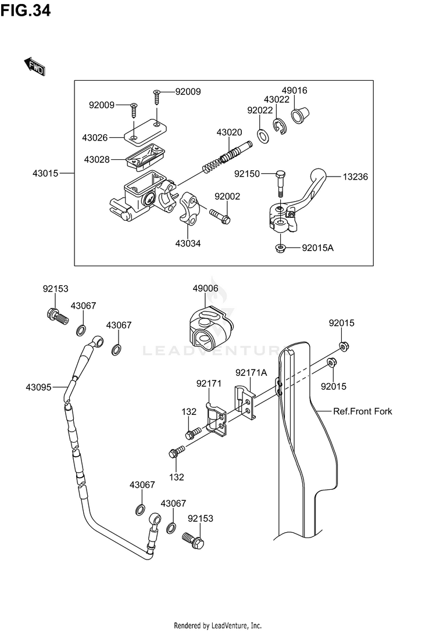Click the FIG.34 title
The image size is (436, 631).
[26, 10]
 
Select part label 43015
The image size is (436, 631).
[45, 174]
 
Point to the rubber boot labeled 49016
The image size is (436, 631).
[301, 114]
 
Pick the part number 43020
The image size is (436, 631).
[229, 132]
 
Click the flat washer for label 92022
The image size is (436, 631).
[263, 137]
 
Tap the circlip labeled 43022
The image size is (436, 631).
[280, 127]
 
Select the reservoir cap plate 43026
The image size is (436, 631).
[145, 131]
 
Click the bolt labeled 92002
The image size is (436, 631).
[220, 216]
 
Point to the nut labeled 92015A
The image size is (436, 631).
[280, 248]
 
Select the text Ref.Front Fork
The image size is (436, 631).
[362, 411]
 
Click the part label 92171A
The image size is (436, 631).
[251, 372]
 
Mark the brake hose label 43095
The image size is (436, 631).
[38, 387]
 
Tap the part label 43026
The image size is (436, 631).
[95, 138]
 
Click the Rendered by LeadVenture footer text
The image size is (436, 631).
[217, 625]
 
